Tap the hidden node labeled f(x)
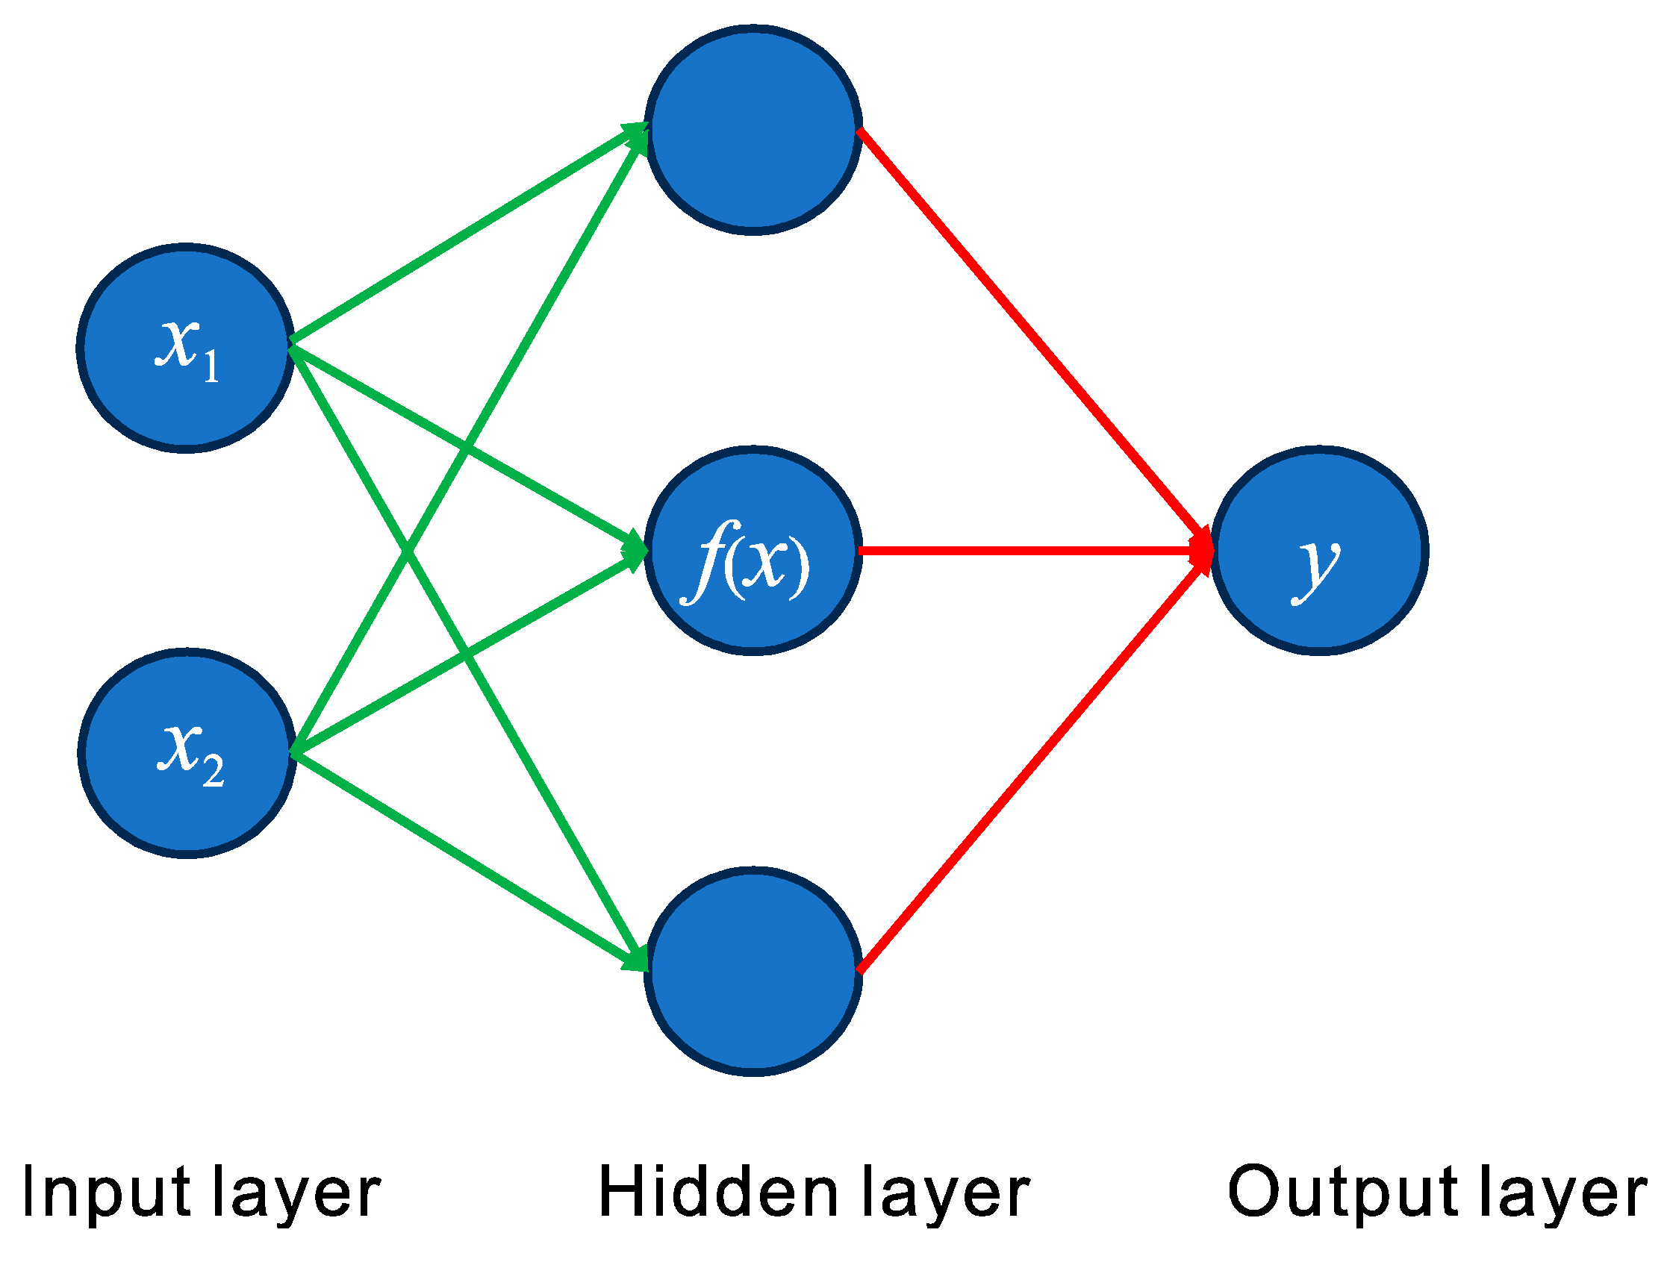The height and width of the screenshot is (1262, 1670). tap(753, 551)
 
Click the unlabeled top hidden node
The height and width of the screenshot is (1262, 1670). tap(753, 130)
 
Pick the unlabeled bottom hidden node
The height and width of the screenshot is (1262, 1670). tap(753, 972)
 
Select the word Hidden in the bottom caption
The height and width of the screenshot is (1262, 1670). tap(718, 1193)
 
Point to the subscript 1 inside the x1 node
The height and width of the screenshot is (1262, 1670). tap(211, 367)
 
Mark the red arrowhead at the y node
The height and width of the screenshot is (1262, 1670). tap(1200, 551)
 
